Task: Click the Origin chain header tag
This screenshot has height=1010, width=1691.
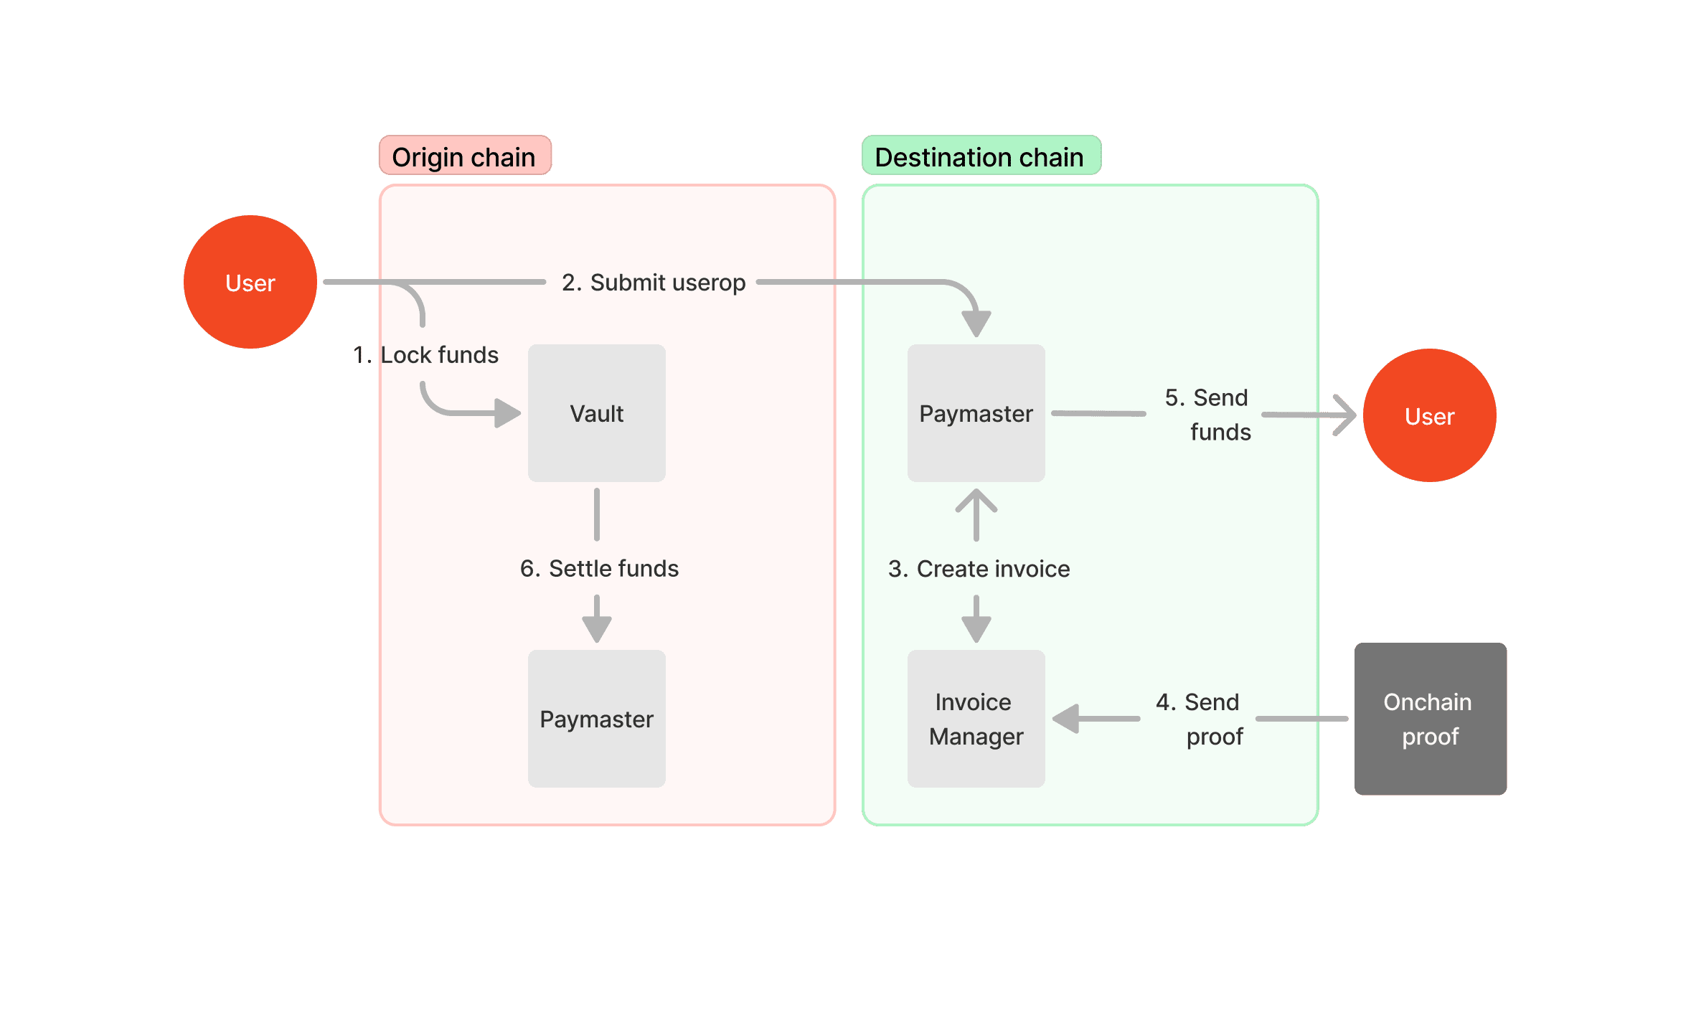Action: pyautogui.click(x=465, y=156)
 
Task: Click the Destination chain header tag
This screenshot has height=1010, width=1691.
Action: pyautogui.click(x=980, y=156)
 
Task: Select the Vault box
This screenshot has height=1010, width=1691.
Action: pyautogui.click(x=596, y=413)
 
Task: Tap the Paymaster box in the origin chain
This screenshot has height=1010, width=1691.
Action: pyautogui.click(x=596, y=719)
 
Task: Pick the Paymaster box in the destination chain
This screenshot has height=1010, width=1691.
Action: pyautogui.click(x=976, y=413)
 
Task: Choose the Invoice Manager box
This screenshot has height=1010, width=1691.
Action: pyautogui.click(x=976, y=719)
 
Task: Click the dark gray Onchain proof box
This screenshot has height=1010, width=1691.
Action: pyautogui.click(x=1430, y=719)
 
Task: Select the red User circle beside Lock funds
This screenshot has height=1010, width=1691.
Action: pyautogui.click(x=250, y=283)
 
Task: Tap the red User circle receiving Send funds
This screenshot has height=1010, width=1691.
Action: pyautogui.click(x=1429, y=416)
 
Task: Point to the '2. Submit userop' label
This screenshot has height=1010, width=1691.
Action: pyautogui.click(x=653, y=283)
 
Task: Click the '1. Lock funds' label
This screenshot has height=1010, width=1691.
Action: pyautogui.click(x=426, y=354)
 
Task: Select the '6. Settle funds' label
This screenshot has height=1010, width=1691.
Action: pyautogui.click(x=599, y=568)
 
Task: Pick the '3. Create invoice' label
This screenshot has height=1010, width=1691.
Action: pyautogui.click(x=979, y=569)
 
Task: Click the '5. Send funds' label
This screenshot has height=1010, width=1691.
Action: pyautogui.click(x=1208, y=415)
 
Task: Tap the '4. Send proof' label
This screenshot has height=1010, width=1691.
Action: pyautogui.click(x=1200, y=719)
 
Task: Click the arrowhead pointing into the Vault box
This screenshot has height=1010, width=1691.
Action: pyautogui.click(x=507, y=413)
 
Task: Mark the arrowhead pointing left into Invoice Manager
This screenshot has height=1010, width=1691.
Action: pyautogui.click(x=1067, y=718)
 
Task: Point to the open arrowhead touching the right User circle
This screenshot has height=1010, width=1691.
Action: pyautogui.click(x=1344, y=415)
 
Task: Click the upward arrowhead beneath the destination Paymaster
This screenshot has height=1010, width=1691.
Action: pyautogui.click(x=976, y=501)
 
